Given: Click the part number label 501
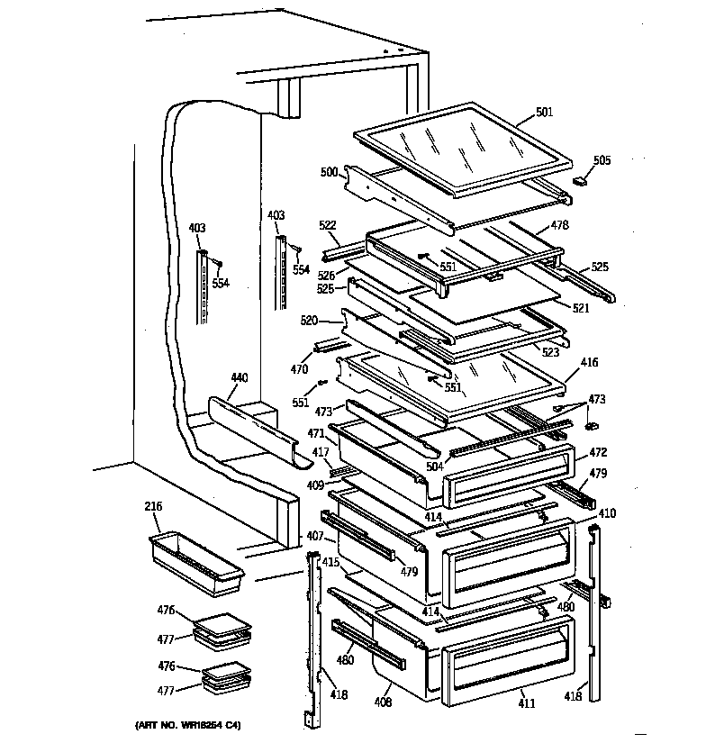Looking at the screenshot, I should (544, 113).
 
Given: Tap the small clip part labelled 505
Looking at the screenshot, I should (580, 181).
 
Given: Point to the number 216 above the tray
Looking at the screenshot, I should (152, 507).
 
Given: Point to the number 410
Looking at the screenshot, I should (607, 513).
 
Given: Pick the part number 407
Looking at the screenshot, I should (315, 536).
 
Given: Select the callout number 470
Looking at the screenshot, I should (300, 369).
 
